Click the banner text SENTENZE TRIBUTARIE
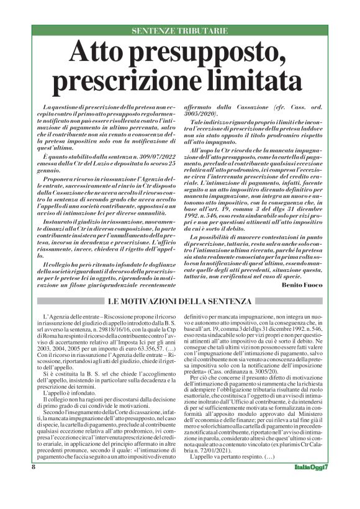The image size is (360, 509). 179,30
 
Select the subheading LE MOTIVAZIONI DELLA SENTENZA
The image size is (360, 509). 179,301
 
